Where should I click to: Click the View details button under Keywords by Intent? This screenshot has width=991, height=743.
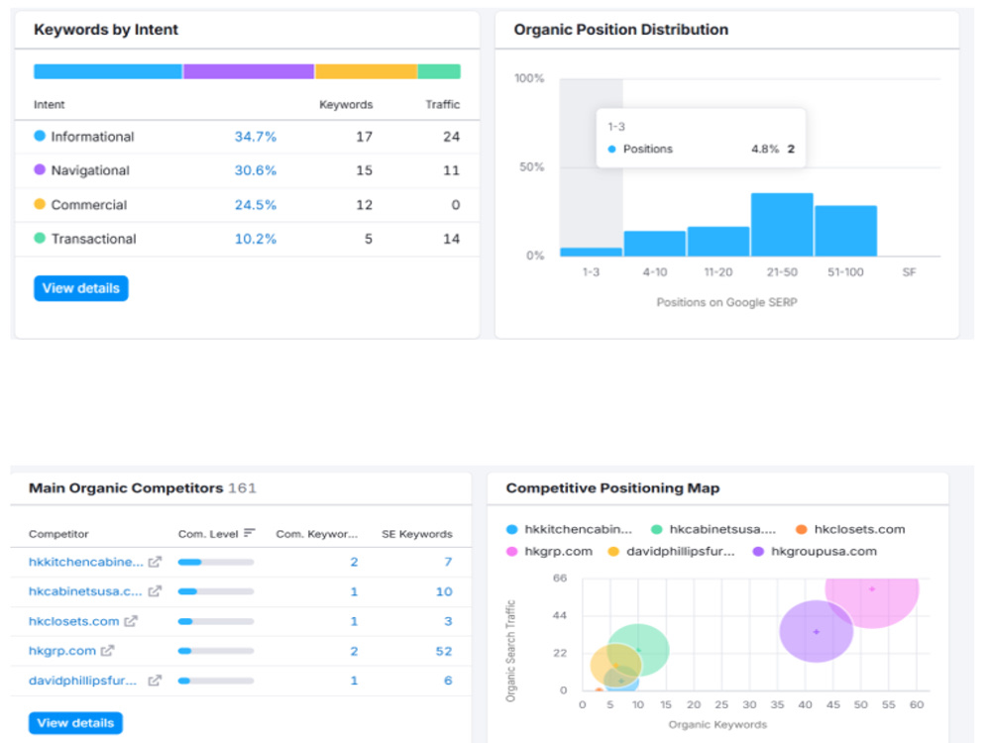pos(81,288)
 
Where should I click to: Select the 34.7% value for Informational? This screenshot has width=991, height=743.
pos(256,137)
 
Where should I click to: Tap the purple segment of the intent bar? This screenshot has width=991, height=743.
pos(249,71)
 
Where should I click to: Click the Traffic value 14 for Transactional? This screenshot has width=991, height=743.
pos(451,239)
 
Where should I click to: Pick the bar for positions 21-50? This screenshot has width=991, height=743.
pos(782,224)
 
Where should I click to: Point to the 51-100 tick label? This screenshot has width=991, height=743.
pos(845,272)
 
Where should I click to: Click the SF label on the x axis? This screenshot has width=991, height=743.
pos(909,272)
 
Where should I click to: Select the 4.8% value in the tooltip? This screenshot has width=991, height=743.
pos(765,150)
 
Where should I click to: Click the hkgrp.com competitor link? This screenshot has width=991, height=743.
pos(61,651)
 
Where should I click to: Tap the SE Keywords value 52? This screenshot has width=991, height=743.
pos(444,651)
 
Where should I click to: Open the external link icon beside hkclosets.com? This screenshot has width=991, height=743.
pos(131,621)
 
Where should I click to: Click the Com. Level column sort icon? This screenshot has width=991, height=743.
pos(250,533)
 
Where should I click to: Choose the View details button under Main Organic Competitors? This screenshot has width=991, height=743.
pos(75,723)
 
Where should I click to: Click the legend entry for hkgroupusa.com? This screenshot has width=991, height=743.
pos(815,551)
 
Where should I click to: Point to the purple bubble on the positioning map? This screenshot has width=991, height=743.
pos(816,631)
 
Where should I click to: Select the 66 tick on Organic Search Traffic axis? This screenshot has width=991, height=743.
pos(560,579)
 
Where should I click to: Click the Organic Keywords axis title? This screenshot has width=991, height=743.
pos(717,725)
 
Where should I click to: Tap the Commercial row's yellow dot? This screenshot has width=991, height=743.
pos(40,204)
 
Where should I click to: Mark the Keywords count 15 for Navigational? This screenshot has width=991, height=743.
pos(364,170)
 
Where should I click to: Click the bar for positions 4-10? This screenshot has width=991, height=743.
pos(655,244)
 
